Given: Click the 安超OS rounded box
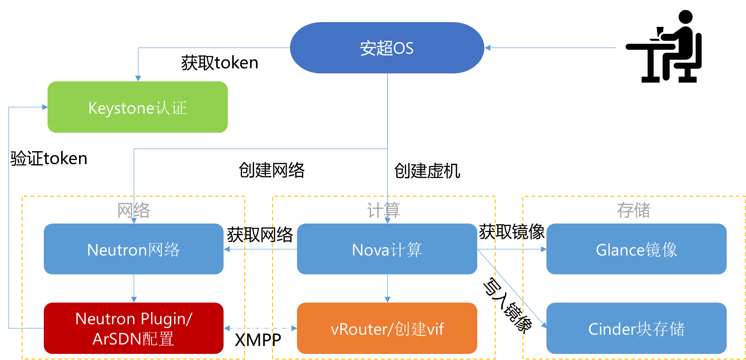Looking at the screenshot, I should pyautogui.click(x=387, y=48).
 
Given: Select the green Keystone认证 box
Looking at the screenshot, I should pyautogui.click(x=137, y=107).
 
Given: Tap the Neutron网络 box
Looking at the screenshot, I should pyautogui.click(x=134, y=249).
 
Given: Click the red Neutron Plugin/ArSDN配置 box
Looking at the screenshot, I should pyautogui.click(x=134, y=328).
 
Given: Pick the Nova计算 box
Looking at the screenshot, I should pyautogui.click(x=387, y=249).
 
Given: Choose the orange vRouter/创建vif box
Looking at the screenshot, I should pyautogui.click(x=387, y=328).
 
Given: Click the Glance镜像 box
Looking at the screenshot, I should pyautogui.click(x=636, y=249).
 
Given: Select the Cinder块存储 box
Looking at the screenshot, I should pyautogui.click(x=636, y=328).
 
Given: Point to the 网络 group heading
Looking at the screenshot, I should pyautogui.click(x=134, y=210).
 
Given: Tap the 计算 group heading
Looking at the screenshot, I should pyautogui.click(x=384, y=210).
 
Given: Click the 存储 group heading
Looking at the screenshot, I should pyautogui.click(x=634, y=210).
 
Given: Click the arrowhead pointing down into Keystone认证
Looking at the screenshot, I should pyautogui.click(x=138, y=78).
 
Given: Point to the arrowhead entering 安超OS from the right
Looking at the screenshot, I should pyautogui.click(x=488, y=48).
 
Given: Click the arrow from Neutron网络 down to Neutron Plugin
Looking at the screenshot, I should pyautogui.click(x=134, y=288).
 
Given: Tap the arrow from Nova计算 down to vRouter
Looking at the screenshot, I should pyautogui.click(x=387, y=288).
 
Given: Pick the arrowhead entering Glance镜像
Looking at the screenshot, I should pyautogui.click(x=544, y=249).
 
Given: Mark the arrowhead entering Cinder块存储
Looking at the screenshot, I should pyautogui.click(x=544, y=324).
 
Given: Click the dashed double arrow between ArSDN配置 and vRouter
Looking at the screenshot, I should pyautogui.click(x=260, y=328).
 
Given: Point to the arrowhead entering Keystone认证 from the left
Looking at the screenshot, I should pyautogui.click(x=45, y=107).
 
